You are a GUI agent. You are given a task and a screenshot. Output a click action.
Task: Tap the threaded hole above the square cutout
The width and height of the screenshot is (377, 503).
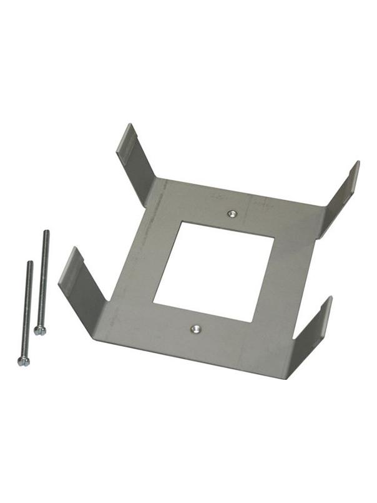pos(232,214)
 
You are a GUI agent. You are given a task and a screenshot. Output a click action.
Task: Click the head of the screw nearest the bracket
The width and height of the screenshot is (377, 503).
pos(40,330)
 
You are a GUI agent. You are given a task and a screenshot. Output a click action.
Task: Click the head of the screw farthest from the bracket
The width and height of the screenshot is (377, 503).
pos(23,361)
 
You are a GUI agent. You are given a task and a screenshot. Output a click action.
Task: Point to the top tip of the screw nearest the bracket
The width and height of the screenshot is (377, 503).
pos(46,232)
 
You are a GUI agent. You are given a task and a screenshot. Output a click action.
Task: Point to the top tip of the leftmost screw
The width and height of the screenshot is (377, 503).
pos(29,262)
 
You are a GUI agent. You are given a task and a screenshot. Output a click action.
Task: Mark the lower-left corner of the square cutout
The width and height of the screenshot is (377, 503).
pos(154,302)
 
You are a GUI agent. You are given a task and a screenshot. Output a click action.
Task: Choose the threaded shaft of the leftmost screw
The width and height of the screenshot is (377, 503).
pos(27,309)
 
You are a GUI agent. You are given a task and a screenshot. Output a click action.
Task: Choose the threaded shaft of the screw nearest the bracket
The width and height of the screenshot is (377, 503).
pos(43,278)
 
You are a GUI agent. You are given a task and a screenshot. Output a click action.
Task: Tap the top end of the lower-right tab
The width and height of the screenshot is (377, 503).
pos(328,299)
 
